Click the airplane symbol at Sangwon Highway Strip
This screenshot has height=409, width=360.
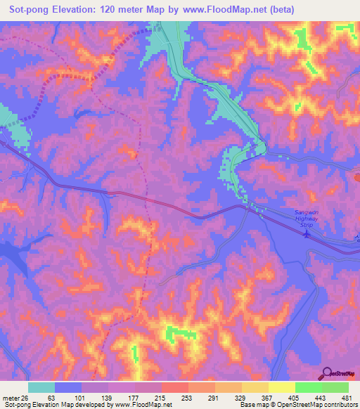click(x=306, y=234)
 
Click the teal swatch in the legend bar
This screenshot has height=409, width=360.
click(x=41, y=387)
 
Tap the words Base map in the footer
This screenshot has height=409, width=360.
click(x=251, y=405)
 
